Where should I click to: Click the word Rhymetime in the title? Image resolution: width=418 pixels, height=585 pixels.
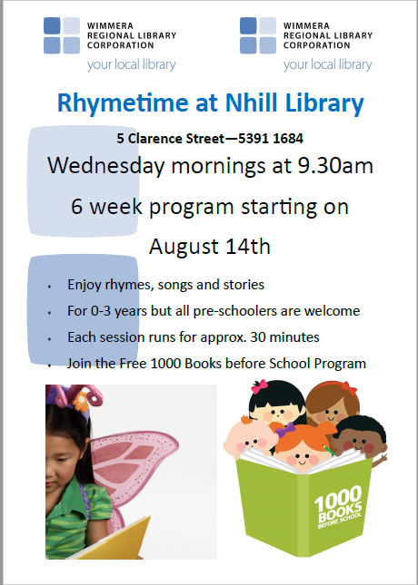tap(123, 103)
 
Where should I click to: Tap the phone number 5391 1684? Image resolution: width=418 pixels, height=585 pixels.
tap(271, 139)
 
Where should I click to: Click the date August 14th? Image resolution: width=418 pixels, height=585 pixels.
tap(209, 246)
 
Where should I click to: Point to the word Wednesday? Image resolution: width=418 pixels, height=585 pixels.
tap(105, 166)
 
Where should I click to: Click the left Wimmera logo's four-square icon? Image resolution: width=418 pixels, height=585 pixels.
tap(62, 35)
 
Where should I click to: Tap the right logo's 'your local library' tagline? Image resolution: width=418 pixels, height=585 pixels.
tap(327, 64)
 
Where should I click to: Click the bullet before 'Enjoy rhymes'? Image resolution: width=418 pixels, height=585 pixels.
tap(49, 287)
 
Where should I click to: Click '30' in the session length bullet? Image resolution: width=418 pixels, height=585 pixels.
tap(257, 337)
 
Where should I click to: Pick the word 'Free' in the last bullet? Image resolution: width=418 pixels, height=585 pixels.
tap(133, 364)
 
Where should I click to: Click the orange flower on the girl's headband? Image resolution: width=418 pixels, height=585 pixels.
tap(81, 403)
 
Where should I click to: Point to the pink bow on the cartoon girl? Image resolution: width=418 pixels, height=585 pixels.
tap(259, 386)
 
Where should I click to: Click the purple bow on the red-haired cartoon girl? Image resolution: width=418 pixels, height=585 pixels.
tap(285, 429)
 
